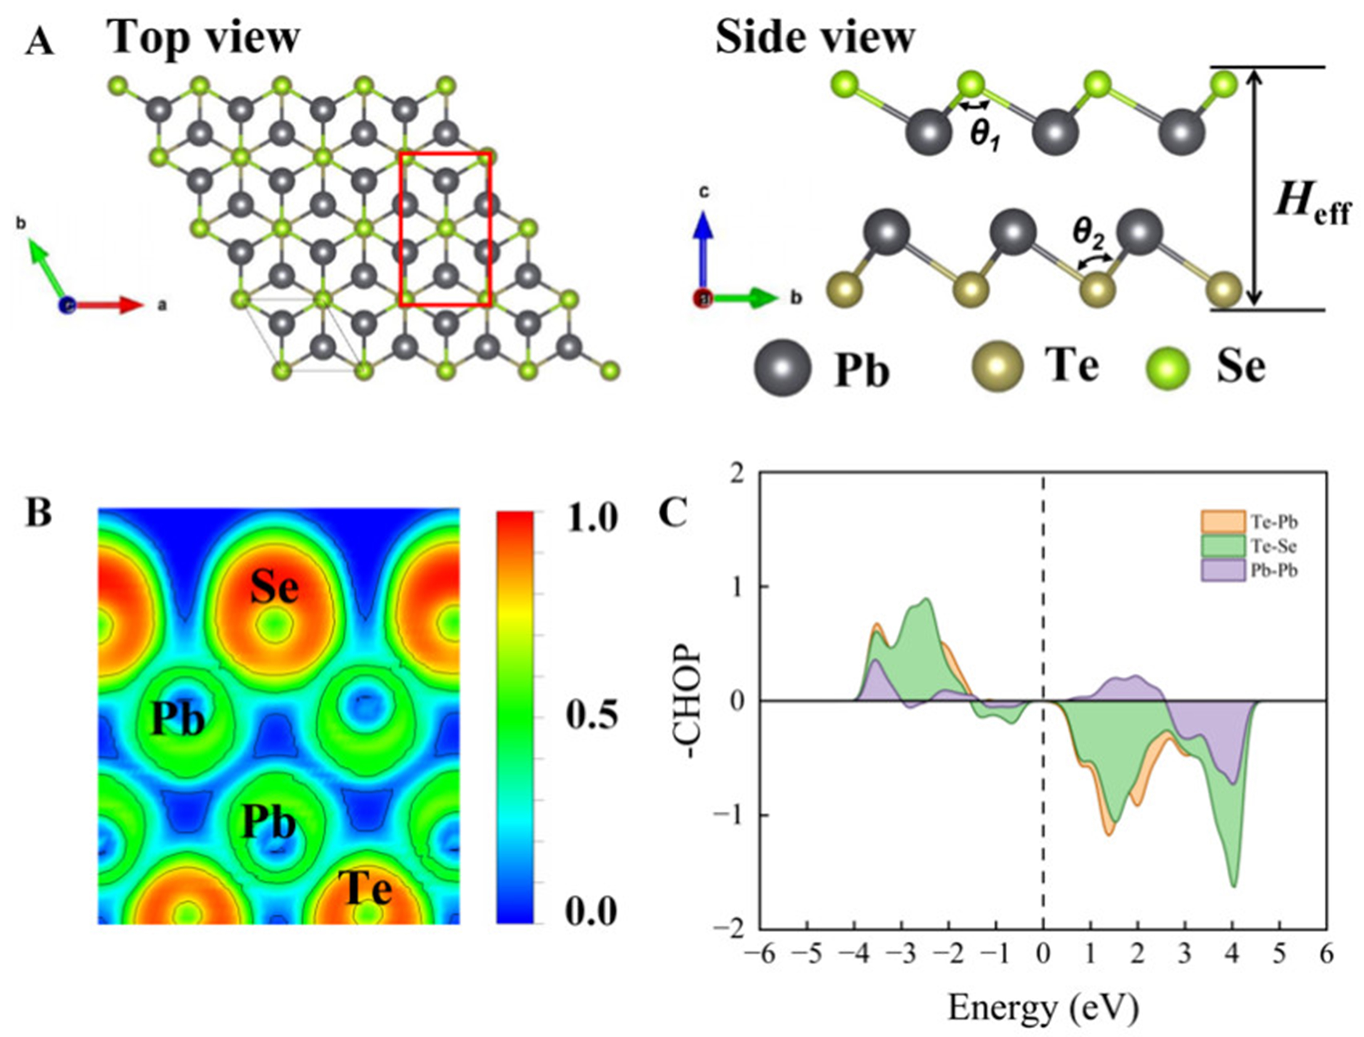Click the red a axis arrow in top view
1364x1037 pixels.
(x=111, y=304)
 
